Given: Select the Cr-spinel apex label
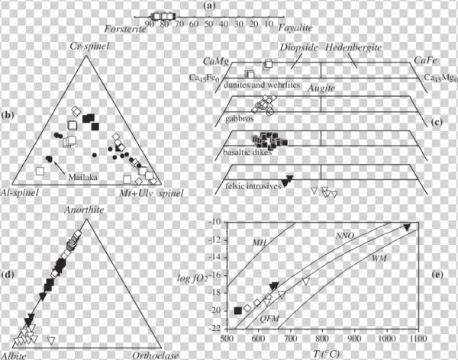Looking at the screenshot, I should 98,48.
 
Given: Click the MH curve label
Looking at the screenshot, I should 258,242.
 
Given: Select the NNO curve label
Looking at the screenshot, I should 349,238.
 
